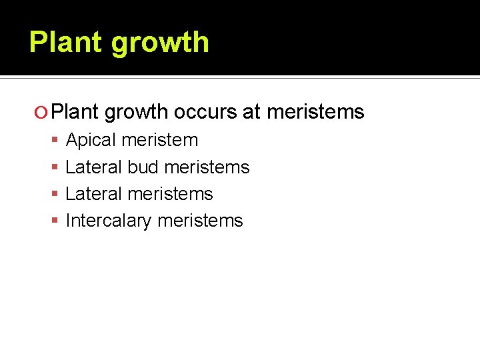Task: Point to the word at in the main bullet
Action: [251, 112]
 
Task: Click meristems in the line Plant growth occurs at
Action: [315, 112]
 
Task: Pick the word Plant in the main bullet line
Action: [75, 112]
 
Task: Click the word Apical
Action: [92, 141]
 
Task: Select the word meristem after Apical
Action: [161, 140]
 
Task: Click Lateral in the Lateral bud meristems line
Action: [93, 167]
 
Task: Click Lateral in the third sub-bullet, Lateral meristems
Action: [93, 193]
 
